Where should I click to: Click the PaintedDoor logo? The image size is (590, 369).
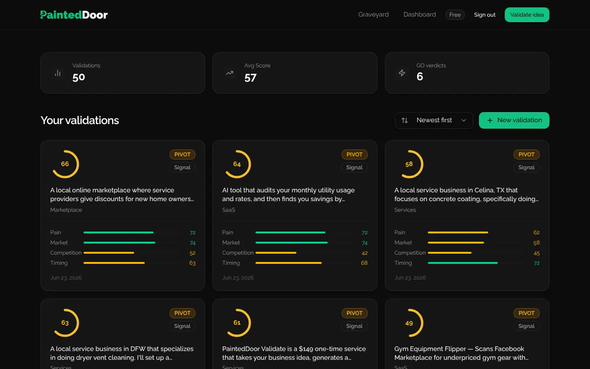[x=74, y=15]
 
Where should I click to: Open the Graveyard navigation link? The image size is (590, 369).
[x=373, y=14]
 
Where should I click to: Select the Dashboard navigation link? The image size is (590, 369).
[x=419, y=14]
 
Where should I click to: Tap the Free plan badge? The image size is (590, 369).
[x=455, y=15]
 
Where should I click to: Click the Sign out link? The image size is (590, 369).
[x=484, y=15]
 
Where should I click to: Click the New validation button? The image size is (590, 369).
[x=514, y=120]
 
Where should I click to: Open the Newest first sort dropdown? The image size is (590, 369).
[x=434, y=120]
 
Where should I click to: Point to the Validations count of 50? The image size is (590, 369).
[x=79, y=77]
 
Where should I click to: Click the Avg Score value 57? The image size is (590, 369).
[x=250, y=78]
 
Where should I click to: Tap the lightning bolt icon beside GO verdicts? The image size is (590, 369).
[x=401, y=73]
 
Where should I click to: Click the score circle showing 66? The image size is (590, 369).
[x=66, y=164]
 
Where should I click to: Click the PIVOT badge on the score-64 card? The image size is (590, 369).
[x=354, y=155]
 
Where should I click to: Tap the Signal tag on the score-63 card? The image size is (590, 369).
[x=182, y=326]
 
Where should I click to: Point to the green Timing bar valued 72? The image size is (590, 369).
[x=463, y=263]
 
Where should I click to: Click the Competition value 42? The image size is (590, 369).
[x=365, y=253]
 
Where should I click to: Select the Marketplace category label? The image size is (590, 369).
[x=66, y=210]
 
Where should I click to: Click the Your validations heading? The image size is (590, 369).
[x=80, y=120]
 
